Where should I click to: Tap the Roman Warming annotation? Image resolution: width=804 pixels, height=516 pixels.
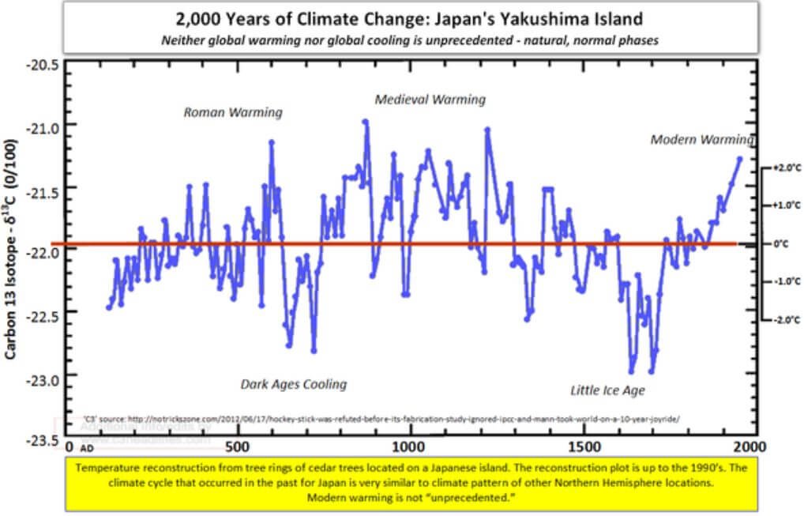tap(233, 112)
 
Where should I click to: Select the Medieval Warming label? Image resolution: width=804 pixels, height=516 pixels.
tap(430, 100)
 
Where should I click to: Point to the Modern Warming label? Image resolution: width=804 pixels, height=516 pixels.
tap(701, 139)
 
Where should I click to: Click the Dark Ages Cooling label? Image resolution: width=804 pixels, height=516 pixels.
tap(294, 384)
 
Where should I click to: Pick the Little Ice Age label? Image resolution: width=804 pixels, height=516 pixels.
tap(608, 390)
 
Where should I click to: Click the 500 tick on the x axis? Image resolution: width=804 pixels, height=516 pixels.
tap(237, 446)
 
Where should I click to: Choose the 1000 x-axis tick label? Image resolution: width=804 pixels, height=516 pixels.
tap(409, 446)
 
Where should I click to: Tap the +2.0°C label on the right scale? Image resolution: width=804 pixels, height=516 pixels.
tap(782, 168)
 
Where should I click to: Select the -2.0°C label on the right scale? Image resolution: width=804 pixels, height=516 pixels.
tap(782, 319)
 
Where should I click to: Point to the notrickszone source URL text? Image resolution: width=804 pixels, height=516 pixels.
tap(379, 418)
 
